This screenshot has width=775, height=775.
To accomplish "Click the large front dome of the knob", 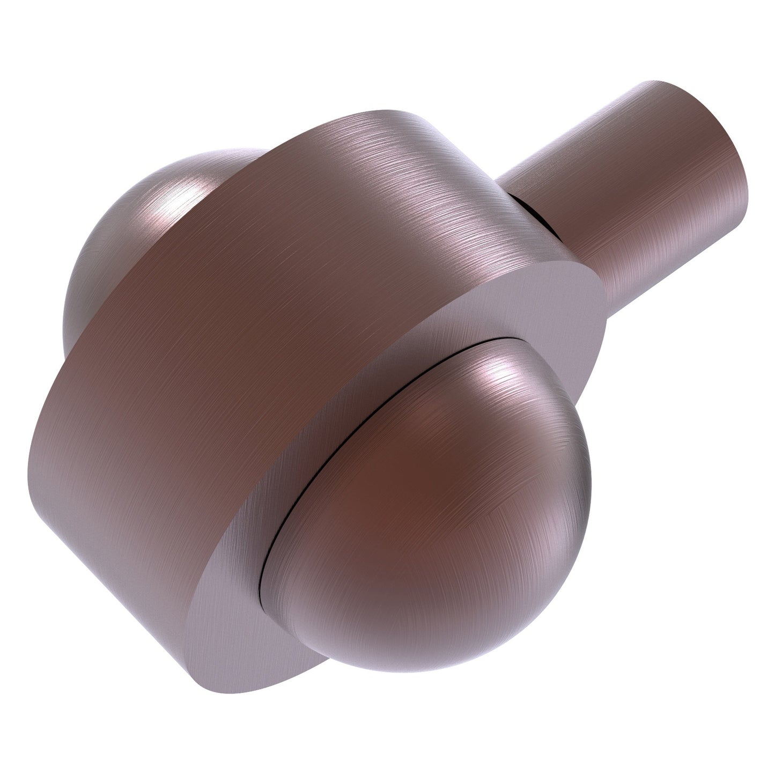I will pyautogui.click(x=429, y=483).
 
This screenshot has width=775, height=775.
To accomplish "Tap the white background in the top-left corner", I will pyautogui.click(x=32, y=32).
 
